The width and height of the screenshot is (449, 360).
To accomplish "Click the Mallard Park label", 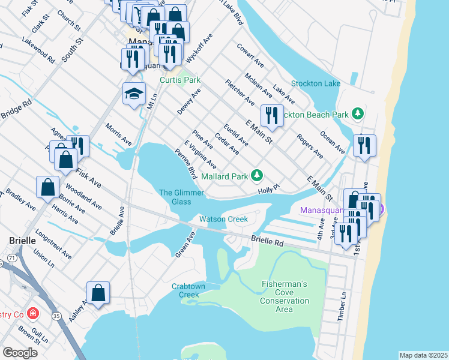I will coord(224,176).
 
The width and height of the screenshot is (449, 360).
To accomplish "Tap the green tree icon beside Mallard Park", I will coord(257,175).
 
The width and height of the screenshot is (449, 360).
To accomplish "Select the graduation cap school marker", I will coord(134,93).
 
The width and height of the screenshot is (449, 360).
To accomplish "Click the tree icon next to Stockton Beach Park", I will coord(358,113).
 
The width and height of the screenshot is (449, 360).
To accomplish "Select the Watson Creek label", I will coord(223,219).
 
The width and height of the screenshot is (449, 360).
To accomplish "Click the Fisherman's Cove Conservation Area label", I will coord(285,296).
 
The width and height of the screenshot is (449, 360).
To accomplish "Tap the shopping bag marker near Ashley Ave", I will coord(98,293).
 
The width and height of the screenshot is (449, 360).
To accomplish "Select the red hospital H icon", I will coord(32,314).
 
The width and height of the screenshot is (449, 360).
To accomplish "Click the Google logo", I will coord(20,352).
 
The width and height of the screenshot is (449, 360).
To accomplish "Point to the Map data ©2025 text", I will coord(423,355).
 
